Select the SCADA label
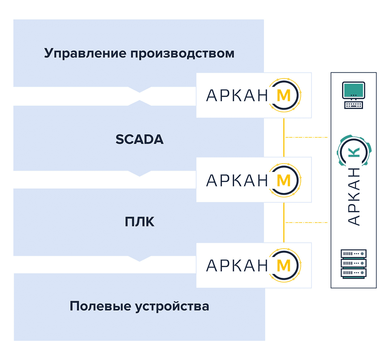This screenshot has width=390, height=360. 139,140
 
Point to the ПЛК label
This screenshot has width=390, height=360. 139,222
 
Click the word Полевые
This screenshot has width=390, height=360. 100,306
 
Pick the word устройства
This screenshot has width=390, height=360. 172,307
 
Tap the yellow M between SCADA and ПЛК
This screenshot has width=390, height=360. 283,180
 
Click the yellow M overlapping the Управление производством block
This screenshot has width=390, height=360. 283,96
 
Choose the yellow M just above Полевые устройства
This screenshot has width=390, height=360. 283,265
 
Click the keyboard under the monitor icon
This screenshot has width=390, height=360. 354,105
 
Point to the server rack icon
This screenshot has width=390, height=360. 353,264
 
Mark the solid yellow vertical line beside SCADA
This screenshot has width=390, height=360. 284,137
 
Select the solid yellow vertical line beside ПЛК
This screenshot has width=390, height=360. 284,222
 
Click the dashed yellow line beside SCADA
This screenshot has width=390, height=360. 307,137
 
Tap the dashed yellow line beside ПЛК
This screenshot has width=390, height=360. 307,222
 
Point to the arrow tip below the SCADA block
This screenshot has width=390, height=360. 140,175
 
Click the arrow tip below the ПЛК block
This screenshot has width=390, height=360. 140,261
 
